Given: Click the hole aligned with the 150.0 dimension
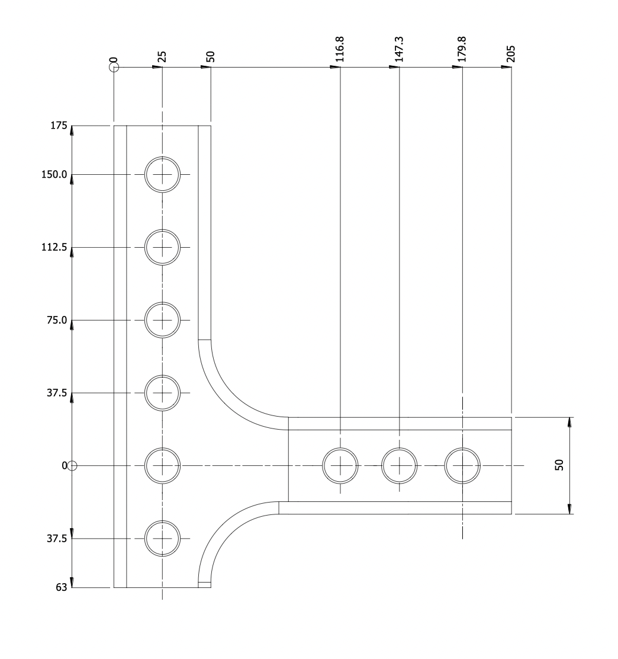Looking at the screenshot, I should tap(162, 175).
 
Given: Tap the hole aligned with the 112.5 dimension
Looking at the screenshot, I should tap(162, 248).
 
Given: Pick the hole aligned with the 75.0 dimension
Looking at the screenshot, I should tap(162, 321).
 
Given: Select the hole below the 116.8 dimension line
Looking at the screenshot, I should tap(340, 466).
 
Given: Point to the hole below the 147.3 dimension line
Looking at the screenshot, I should tap(400, 466).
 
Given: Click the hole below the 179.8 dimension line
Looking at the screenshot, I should tap(462, 466).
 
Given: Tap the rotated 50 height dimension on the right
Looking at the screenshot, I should tap(559, 465).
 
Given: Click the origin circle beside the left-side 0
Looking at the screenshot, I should tap(72, 466).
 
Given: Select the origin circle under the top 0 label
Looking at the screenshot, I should tap(114, 67).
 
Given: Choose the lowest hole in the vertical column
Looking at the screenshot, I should tap(162, 539).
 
